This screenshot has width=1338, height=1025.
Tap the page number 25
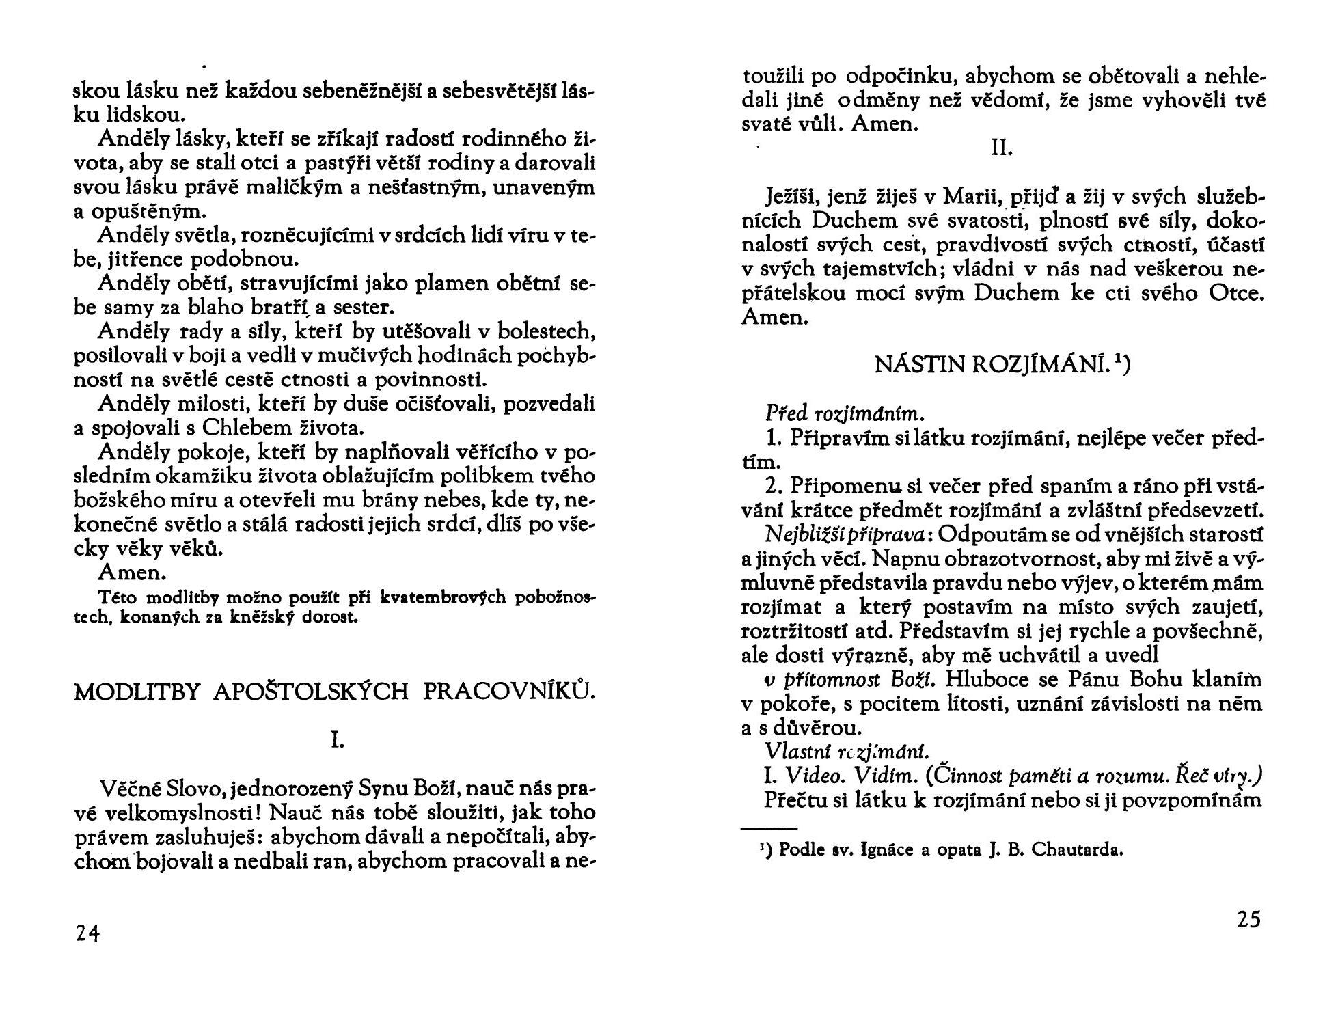pyautogui.click(x=1248, y=920)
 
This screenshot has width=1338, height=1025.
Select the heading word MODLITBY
pyautogui.click(x=136, y=692)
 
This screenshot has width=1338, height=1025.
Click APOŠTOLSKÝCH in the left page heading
pyautogui.click(x=312, y=692)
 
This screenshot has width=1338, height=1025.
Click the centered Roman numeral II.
pyautogui.click(x=1001, y=148)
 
